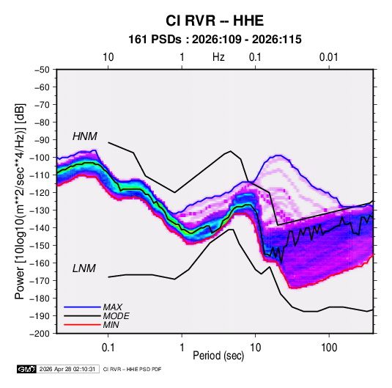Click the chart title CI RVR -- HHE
(215, 21)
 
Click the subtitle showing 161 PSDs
(215, 40)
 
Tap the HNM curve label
(85, 136)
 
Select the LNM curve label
(84, 268)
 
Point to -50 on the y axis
(42, 70)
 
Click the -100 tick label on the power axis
(40, 158)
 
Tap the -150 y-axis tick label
(40, 246)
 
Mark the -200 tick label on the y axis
(40, 334)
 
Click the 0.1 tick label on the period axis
(108, 348)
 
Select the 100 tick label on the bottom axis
(329, 348)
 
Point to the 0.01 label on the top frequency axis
(329, 57)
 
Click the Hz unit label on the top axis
(218, 57)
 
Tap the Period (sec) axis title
(218, 356)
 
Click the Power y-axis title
(20, 201)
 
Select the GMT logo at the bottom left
(27, 369)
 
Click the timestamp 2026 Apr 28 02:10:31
(67, 369)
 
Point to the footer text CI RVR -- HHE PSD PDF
(132, 369)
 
